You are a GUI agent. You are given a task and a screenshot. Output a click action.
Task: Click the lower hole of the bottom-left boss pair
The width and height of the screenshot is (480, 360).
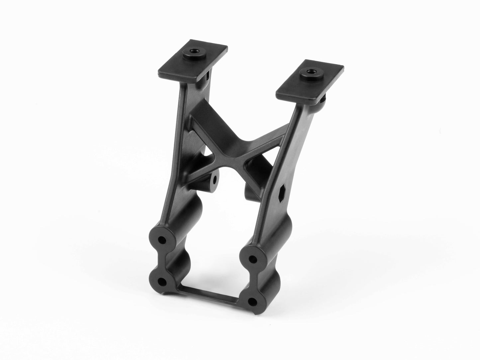162,282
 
